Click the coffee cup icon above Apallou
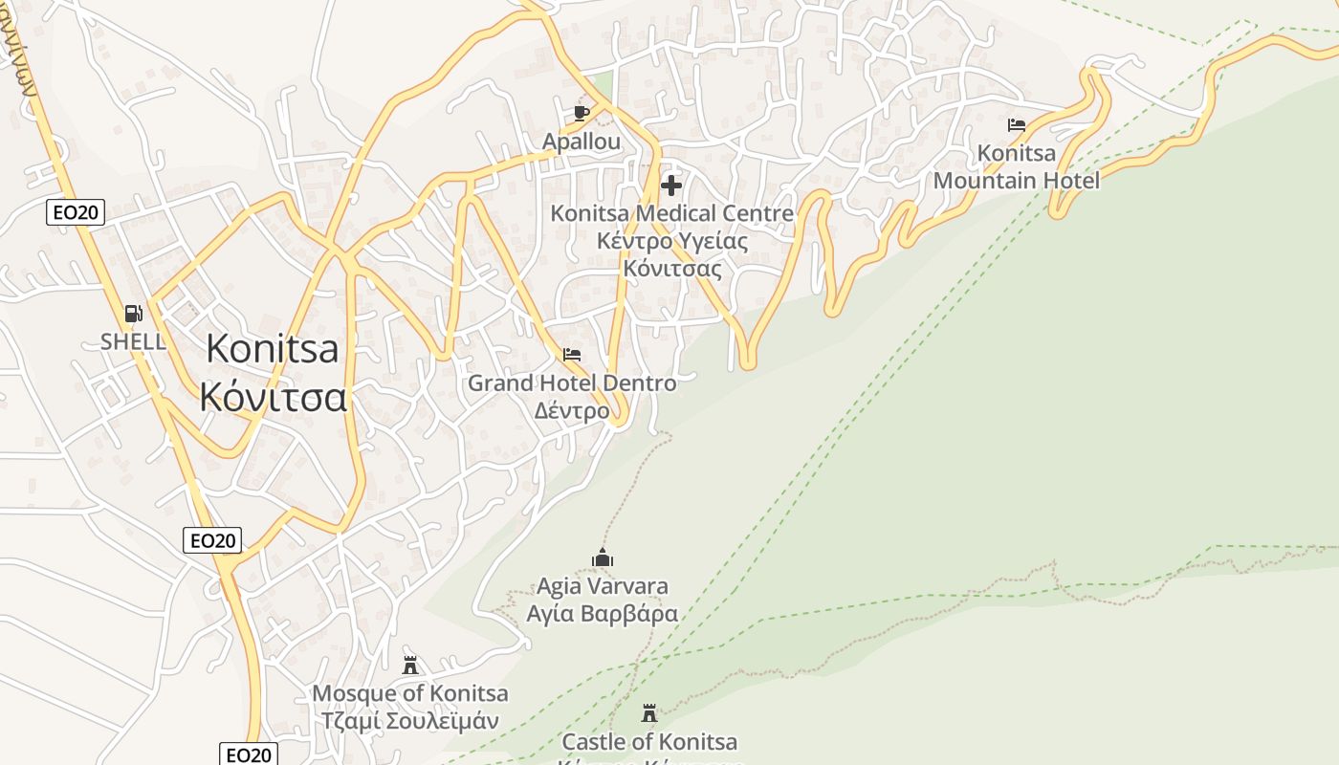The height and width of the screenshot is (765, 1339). point(581,113)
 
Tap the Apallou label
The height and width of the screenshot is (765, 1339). point(581,142)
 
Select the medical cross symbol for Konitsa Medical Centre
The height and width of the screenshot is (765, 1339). point(671,185)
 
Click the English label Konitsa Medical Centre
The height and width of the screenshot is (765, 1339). point(671,213)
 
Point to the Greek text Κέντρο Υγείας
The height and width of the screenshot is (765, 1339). point(671,240)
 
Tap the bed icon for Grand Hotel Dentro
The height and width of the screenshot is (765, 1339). point(572,355)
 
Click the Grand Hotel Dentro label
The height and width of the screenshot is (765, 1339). point(571,382)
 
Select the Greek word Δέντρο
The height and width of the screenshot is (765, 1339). point(571,410)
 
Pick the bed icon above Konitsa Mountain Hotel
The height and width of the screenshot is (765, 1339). point(1017,125)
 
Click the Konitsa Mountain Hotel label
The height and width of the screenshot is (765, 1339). point(1017,166)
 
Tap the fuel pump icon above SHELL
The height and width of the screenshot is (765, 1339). point(133,313)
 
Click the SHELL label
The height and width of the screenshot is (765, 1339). point(133,341)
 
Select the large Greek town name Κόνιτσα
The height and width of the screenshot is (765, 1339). point(273,395)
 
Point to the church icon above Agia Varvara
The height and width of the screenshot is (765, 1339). point(602,557)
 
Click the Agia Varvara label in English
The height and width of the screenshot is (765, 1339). point(602,585)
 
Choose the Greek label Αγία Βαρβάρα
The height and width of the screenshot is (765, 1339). point(602,613)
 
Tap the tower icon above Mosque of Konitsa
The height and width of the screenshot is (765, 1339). point(410,665)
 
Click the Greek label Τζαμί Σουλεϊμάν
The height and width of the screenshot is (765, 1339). point(410,720)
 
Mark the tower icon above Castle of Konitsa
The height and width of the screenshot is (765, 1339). point(649,713)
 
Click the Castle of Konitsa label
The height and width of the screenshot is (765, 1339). point(649,741)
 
